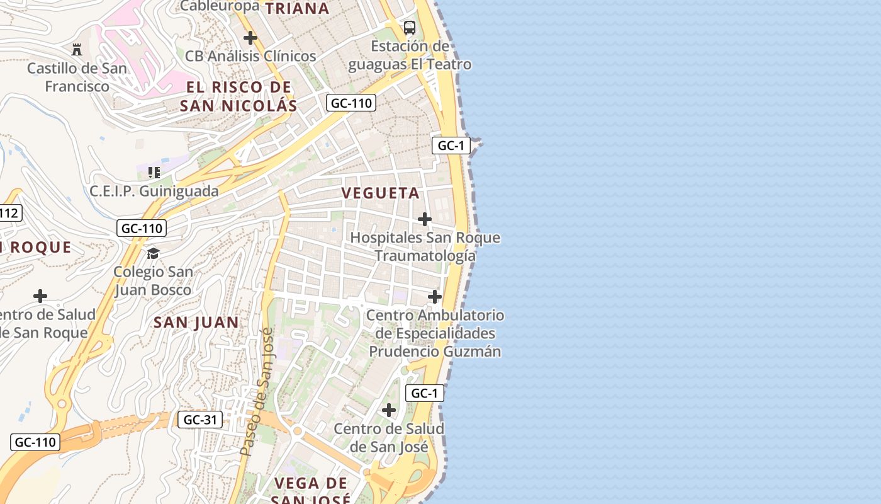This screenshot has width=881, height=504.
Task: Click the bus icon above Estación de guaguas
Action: pyautogui.click(x=410, y=27)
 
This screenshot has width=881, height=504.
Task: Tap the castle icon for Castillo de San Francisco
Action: pyautogui.click(x=77, y=49)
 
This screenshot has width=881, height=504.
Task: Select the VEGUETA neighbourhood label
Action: pyautogui.click(x=381, y=193)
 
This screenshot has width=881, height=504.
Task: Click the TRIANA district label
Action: pyautogui.click(x=298, y=9)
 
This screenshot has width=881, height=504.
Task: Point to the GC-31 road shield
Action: pyautogui.click(x=200, y=420)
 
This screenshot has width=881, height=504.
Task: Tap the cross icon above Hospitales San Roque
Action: pyautogui.click(x=425, y=219)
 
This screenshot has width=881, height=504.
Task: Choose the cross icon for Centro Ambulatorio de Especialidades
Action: pyautogui.click(x=435, y=297)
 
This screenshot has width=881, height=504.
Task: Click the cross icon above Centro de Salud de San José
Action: pyautogui.click(x=389, y=410)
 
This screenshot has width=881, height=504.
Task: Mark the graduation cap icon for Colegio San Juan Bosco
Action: pyautogui.click(x=153, y=253)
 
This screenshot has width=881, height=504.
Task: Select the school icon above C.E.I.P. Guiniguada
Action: pyautogui.click(x=154, y=172)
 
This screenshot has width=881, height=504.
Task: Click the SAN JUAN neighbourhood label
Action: pyautogui.click(x=196, y=323)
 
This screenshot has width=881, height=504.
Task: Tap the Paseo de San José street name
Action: pyautogui.click(x=257, y=392)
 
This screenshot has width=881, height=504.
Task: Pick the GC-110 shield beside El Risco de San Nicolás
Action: pyautogui.click(x=351, y=103)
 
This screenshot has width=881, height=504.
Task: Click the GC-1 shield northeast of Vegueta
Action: pyautogui.click(x=451, y=146)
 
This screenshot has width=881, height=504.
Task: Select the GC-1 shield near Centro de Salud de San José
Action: pyautogui.click(x=424, y=394)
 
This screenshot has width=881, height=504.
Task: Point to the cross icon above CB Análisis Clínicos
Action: pyautogui.click(x=250, y=38)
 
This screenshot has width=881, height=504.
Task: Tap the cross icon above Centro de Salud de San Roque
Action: pyautogui.click(x=40, y=296)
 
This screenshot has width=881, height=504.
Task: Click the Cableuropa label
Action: pyautogui.click(x=220, y=6)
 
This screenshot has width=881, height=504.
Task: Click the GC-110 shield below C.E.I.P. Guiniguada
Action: pyautogui.click(x=142, y=228)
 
